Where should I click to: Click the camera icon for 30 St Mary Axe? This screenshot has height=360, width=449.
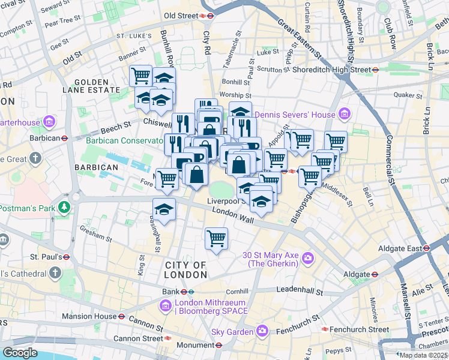click(308, 259)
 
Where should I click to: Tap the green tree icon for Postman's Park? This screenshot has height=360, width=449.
click(63, 208)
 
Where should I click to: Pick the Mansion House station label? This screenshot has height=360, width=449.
click(92, 316)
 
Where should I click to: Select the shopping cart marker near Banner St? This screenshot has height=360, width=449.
click(140, 76)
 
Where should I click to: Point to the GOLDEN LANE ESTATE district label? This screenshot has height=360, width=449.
click(92, 86)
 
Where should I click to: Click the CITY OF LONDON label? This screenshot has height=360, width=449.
click(185, 269)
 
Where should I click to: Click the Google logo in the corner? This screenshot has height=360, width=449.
click(20, 353)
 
